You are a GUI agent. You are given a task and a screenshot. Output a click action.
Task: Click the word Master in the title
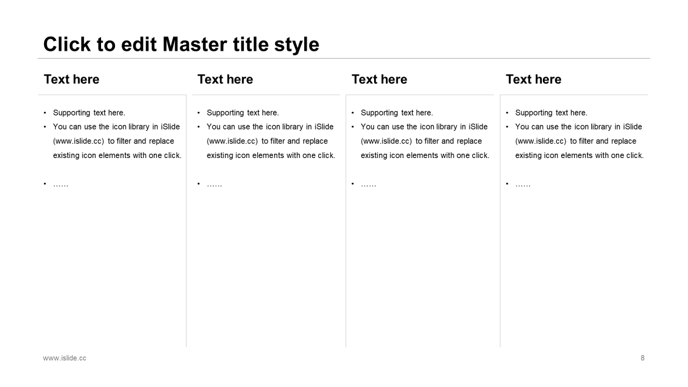pyautogui.click(x=195, y=44)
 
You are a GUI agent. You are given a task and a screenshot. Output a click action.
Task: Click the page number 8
pyautogui.click(x=642, y=358)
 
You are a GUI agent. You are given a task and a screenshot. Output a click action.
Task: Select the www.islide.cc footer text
pyautogui.click(x=64, y=358)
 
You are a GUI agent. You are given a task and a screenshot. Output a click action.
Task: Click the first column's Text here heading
pyautogui.click(x=71, y=79)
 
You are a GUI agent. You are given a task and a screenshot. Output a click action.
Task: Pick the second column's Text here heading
pyautogui.click(x=225, y=79)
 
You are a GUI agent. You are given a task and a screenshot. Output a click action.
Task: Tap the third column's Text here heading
pyautogui.click(x=379, y=79)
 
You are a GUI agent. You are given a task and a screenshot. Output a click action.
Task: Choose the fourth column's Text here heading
pyautogui.click(x=534, y=79)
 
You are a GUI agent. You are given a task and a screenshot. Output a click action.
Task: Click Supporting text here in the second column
pyautogui.click(x=242, y=113)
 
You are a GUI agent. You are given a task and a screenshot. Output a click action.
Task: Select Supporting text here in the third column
pyautogui.click(x=397, y=113)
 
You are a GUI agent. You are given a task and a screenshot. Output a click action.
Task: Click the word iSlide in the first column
pyautogui.click(x=170, y=127)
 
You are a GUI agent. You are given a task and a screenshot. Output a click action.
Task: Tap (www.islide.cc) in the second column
pyautogui.click(x=232, y=141)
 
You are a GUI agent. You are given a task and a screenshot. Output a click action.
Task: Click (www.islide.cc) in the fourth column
pyautogui.click(x=541, y=141)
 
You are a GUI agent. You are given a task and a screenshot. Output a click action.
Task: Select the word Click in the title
pyautogui.click(x=67, y=44)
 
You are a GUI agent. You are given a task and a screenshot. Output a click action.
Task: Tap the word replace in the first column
pyautogui.click(x=162, y=141)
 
